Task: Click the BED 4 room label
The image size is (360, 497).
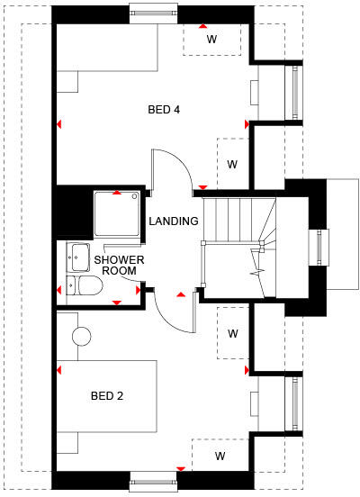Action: tap(164, 110)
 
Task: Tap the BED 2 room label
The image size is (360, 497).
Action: tap(106, 395)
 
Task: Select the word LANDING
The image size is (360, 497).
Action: tap(174, 221)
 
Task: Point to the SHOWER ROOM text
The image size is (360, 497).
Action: tap(115, 265)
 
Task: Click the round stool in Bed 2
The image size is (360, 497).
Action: tap(82, 336)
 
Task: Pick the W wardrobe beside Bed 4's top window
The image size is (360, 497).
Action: tap(212, 40)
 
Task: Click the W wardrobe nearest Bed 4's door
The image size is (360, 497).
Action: tap(231, 164)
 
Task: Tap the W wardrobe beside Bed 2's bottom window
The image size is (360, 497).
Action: tap(219, 456)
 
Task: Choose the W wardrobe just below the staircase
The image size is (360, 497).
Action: tap(231, 333)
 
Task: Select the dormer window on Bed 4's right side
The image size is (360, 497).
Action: tap(292, 92)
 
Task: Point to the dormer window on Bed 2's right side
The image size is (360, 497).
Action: tap(292, 402)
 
